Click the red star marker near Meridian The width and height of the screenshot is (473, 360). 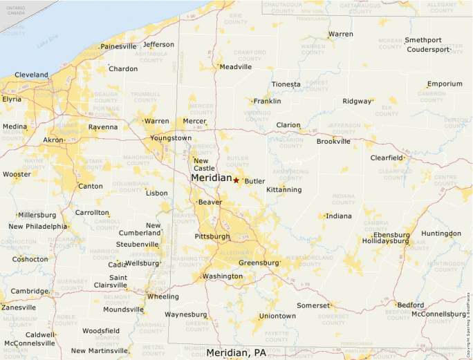pos(236,180)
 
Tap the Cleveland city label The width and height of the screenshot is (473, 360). pos(32,75)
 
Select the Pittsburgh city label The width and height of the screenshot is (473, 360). pos(213,236)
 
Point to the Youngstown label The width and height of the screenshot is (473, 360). pos(171,138)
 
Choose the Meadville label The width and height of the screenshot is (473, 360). pos(236,67)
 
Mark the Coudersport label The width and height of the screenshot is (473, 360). pos(428,50)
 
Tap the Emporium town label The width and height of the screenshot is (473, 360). pos(445,84)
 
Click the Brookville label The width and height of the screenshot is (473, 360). pos(333,142)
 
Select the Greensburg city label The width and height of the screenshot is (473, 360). pos(258,263)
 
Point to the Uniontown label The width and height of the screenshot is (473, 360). pos(277,316)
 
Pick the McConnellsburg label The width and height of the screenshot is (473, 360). pos(439,314)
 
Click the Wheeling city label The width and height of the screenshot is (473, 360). pos(163,296)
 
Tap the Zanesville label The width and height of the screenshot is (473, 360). pos(19,307)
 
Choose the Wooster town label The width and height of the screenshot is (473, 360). pos(17,174)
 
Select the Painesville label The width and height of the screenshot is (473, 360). pos(118,46)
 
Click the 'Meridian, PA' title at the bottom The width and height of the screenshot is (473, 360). pos(236,352)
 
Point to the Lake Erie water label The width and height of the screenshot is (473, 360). pos(48,44)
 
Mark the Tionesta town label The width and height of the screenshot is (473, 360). pos(286,84)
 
